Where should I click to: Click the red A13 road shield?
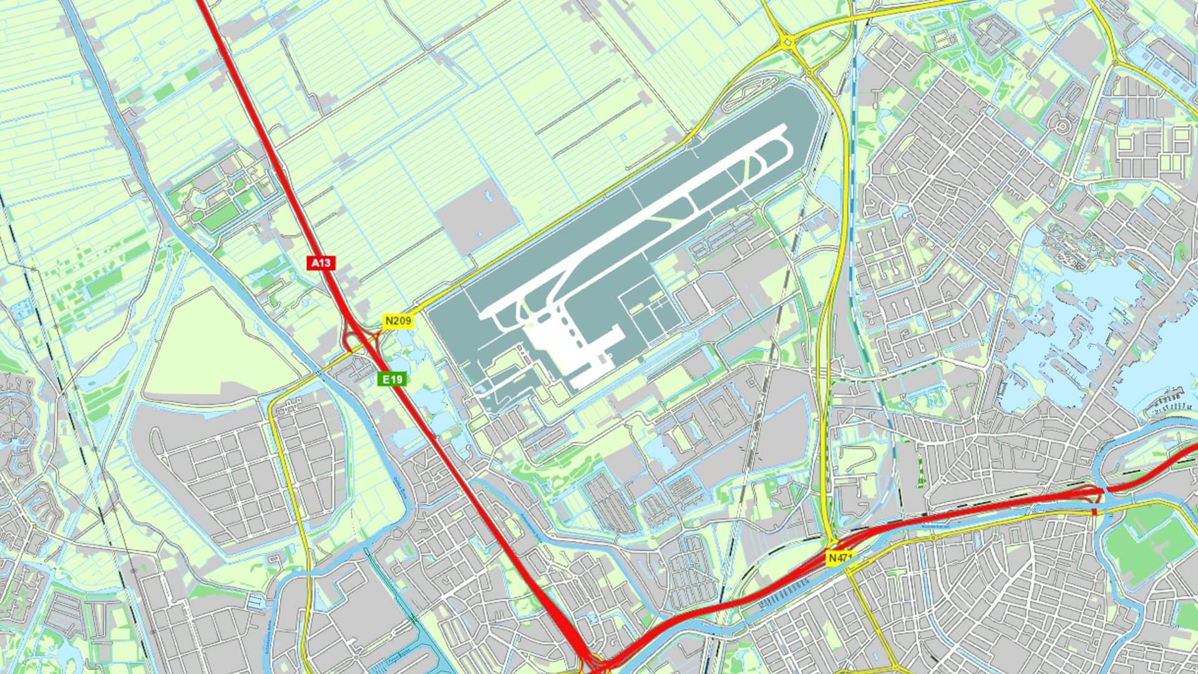tap(321, 263)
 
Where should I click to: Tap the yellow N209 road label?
tap(397, 321)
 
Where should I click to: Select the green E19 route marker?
tap(393, 379)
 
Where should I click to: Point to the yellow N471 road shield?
tap(840, 558)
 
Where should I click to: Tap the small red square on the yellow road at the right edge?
tap(1094, 512)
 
